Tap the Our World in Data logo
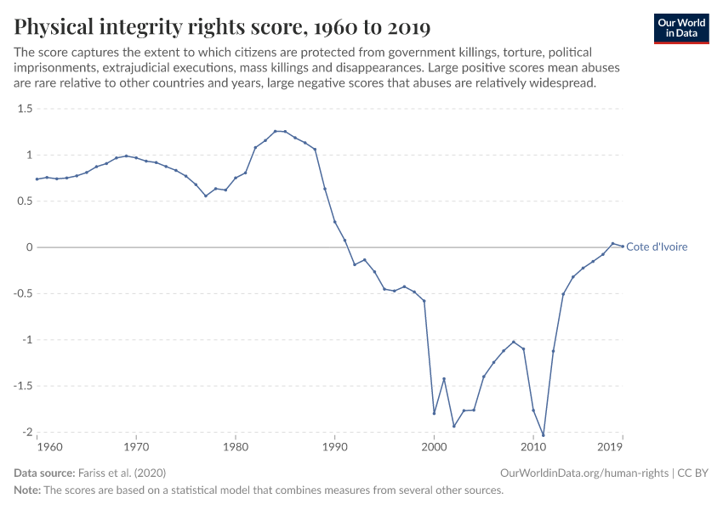[680, 28]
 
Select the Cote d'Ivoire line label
[657, 247]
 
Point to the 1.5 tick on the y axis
[24, 109]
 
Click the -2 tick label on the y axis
[26, 432]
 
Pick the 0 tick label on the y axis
[29, 247]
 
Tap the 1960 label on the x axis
[49, 446]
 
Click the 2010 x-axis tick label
[533, 446]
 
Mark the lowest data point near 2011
[544, 435]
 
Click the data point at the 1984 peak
[275, 131]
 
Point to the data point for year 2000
[434, 413]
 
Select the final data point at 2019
[623, 246]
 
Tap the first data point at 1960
[37, 178]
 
